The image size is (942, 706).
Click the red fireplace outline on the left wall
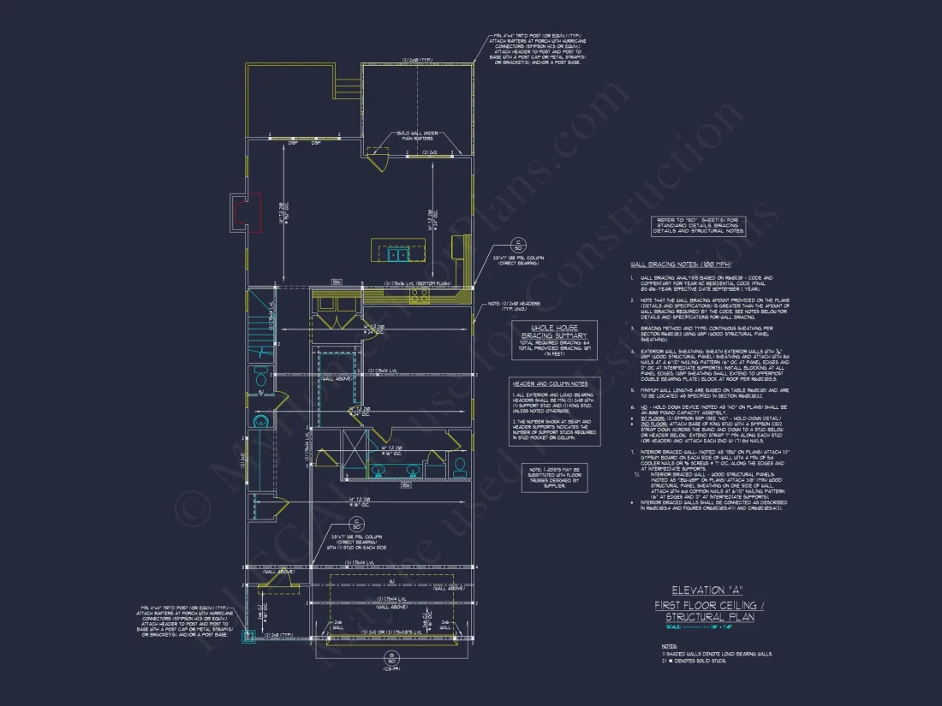(247, 213)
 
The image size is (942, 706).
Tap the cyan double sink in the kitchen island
(398, 254)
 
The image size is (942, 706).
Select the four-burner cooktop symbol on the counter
(420, 296)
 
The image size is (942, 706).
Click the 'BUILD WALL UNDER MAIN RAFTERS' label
(416, 136)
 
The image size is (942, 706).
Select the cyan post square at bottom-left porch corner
(250, 635)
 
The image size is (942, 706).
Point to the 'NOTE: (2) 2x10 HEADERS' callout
(519, 306)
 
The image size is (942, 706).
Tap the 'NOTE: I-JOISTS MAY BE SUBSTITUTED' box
(554, 477)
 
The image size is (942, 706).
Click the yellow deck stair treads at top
(348, 88)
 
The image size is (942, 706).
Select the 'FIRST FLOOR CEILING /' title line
(704, 604)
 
